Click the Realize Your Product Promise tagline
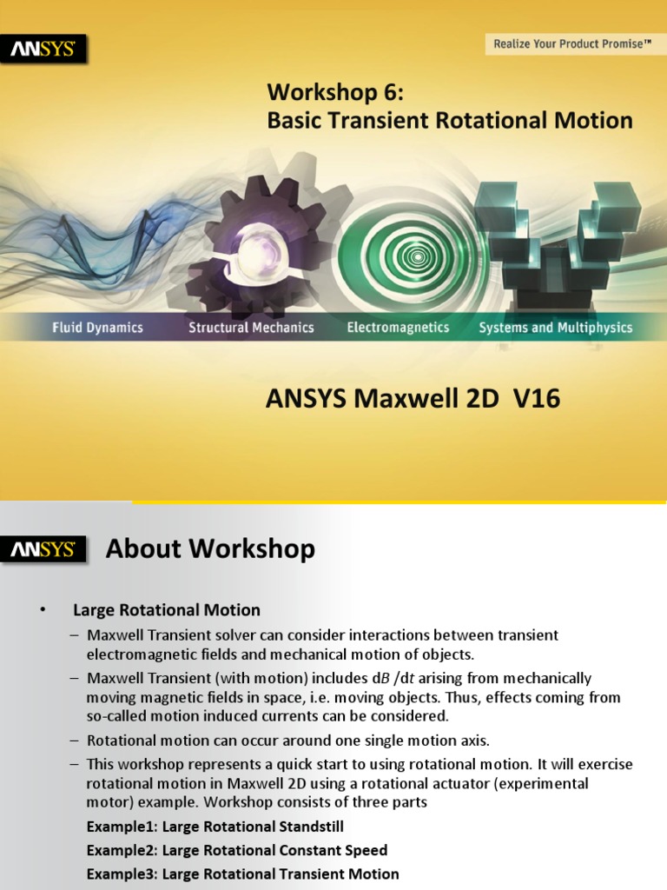[x=572, y=43]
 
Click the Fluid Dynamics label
[x=97, y=328]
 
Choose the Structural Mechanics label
[x=251, y=328]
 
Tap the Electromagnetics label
[x=398, y=328]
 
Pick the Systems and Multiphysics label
[x=556, y=328]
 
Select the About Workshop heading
[x=210, y=549]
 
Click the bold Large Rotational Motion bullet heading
[x=167, y=610]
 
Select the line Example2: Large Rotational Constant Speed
[x=237, y=850]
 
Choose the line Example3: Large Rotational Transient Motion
[x=243, y=874]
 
